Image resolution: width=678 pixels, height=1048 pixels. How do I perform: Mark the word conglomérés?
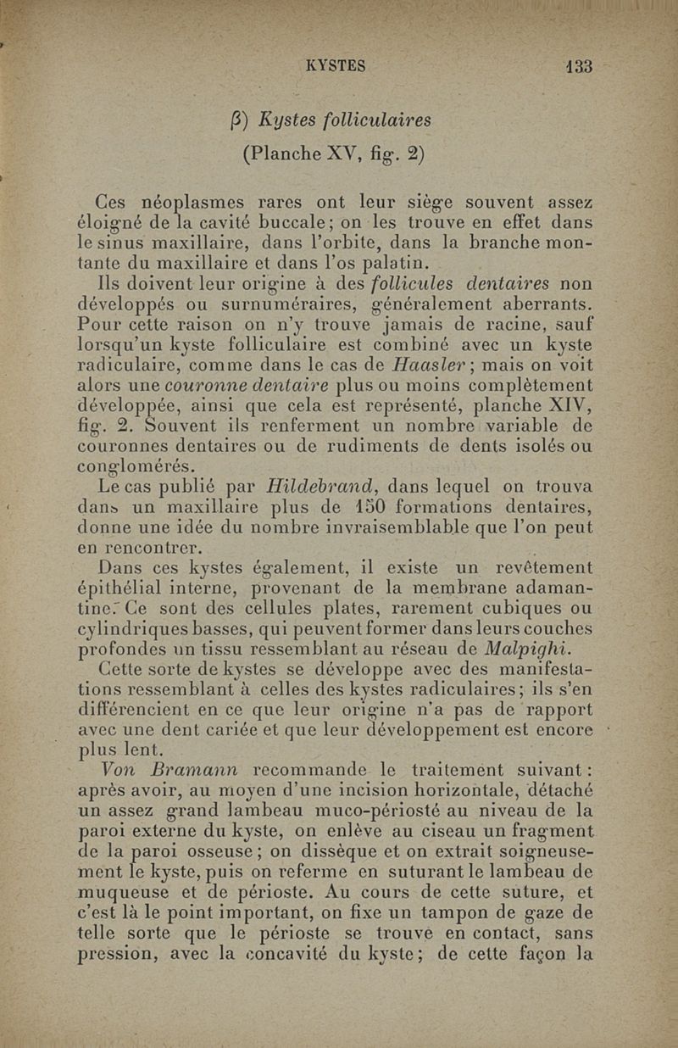(x=136, y=465)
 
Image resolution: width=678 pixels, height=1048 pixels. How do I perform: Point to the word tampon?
(x=449, y=914)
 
